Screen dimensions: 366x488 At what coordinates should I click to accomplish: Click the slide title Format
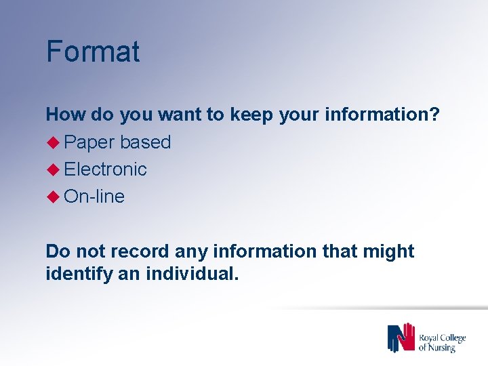pyautogui.click(x=93, y=52)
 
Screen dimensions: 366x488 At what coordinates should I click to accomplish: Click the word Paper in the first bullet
pyautogui.click(x=89, y=142)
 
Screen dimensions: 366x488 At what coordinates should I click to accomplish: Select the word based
pyautogui.click(x=146, y=142)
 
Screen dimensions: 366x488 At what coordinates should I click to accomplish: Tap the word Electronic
pyautogui.click(x=106, y=169)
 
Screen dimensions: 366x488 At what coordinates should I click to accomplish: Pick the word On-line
pyautogui.click(x=94, y=197)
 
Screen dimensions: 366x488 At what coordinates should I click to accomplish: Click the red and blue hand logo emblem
pyautogui.click(x=401, y=338)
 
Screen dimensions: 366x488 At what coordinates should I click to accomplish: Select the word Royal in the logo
pyautogui.click(x=430, y=337)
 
